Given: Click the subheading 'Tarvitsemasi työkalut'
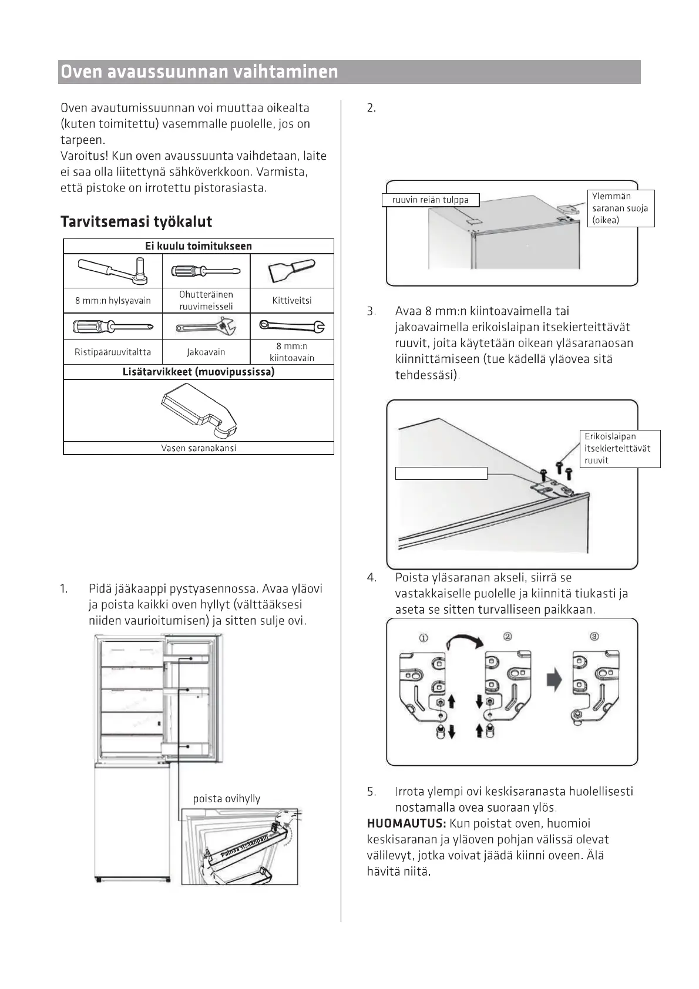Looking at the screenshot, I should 136,222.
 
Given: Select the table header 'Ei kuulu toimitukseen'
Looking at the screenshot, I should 199,246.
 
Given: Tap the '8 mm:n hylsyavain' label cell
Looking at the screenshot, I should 113,301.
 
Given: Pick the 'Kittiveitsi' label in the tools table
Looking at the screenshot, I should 292,301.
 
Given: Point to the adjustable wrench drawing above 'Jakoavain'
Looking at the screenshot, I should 206,326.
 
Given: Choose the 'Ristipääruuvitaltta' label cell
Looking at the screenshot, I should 113,352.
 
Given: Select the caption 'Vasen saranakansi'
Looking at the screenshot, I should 199,448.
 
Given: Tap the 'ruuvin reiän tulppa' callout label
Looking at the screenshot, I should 431,200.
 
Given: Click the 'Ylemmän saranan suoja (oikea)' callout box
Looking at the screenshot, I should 620,208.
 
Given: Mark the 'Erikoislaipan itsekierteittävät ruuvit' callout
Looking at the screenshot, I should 620,449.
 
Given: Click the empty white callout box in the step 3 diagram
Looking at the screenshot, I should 441,473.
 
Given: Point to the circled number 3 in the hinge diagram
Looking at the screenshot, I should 594,637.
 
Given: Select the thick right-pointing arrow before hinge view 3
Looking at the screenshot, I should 554,681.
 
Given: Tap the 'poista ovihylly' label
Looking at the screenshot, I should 227,799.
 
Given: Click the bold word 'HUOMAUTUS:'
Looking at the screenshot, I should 406,824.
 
